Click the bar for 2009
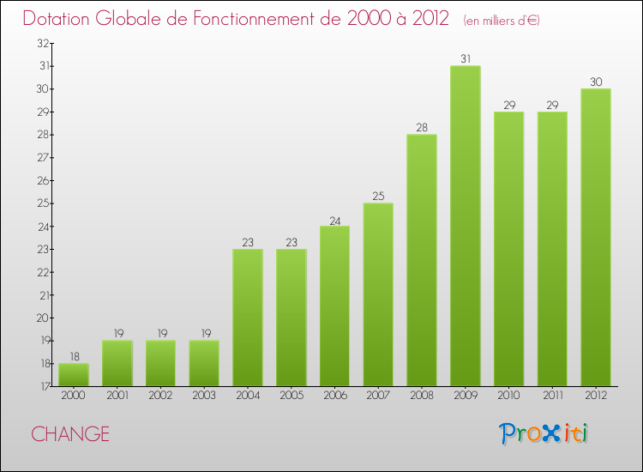(465, 226)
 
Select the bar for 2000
(74, 375)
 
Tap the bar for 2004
(248, 318)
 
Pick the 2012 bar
(595, 238)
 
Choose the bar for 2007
(378, 294)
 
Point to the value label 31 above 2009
(465, 59)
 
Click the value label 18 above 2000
(74, 357)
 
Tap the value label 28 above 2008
(422, 128)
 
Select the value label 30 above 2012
(595, 82)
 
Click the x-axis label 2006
(334, 396)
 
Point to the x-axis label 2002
(160, 396)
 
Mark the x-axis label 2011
(552, 396)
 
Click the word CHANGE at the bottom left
(70, 434)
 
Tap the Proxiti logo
(544, 433)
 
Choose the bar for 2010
(508, 249)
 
